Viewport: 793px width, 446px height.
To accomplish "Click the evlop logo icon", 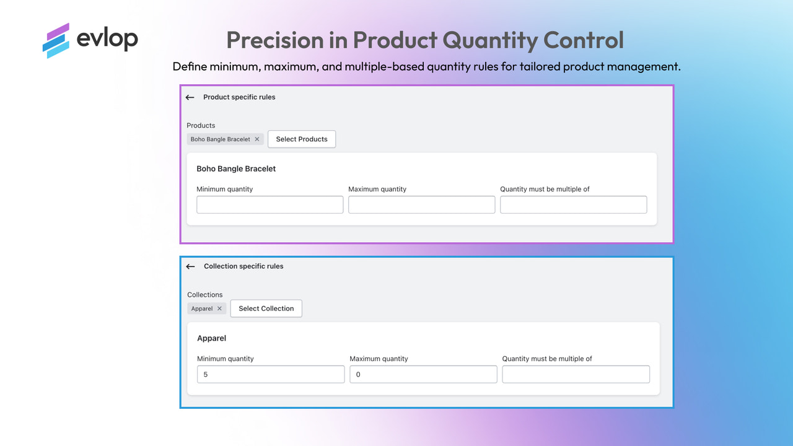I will [56, 40].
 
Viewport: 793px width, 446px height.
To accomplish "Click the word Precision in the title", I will [275, 40].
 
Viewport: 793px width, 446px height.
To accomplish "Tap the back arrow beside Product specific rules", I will [190, 97].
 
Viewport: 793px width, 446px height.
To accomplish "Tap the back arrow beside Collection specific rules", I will [191, 266].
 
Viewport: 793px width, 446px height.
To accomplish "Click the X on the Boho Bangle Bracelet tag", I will [257, 139].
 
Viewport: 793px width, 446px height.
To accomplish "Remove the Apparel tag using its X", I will [219, 308].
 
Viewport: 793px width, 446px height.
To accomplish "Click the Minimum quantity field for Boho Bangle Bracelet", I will [269, 205].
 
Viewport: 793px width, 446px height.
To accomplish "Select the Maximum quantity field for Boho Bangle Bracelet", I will [421, 205].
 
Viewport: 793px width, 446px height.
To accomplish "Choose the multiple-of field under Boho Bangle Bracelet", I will [573, 205].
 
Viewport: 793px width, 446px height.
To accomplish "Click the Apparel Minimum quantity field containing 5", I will [271, 374].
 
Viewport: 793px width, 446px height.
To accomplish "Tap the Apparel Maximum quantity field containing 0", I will [423, 374].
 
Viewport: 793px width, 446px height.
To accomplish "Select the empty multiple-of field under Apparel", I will [576, 374].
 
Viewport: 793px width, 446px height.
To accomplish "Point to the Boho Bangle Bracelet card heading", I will [236, 168].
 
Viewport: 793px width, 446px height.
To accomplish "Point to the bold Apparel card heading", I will [212, 338].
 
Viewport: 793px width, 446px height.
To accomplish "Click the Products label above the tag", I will [201, 125].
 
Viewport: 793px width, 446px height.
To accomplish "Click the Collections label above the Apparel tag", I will [205, 295].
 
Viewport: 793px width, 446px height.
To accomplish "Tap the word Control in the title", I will [583, 40].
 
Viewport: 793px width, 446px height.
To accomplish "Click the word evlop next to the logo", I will [107, 39].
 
